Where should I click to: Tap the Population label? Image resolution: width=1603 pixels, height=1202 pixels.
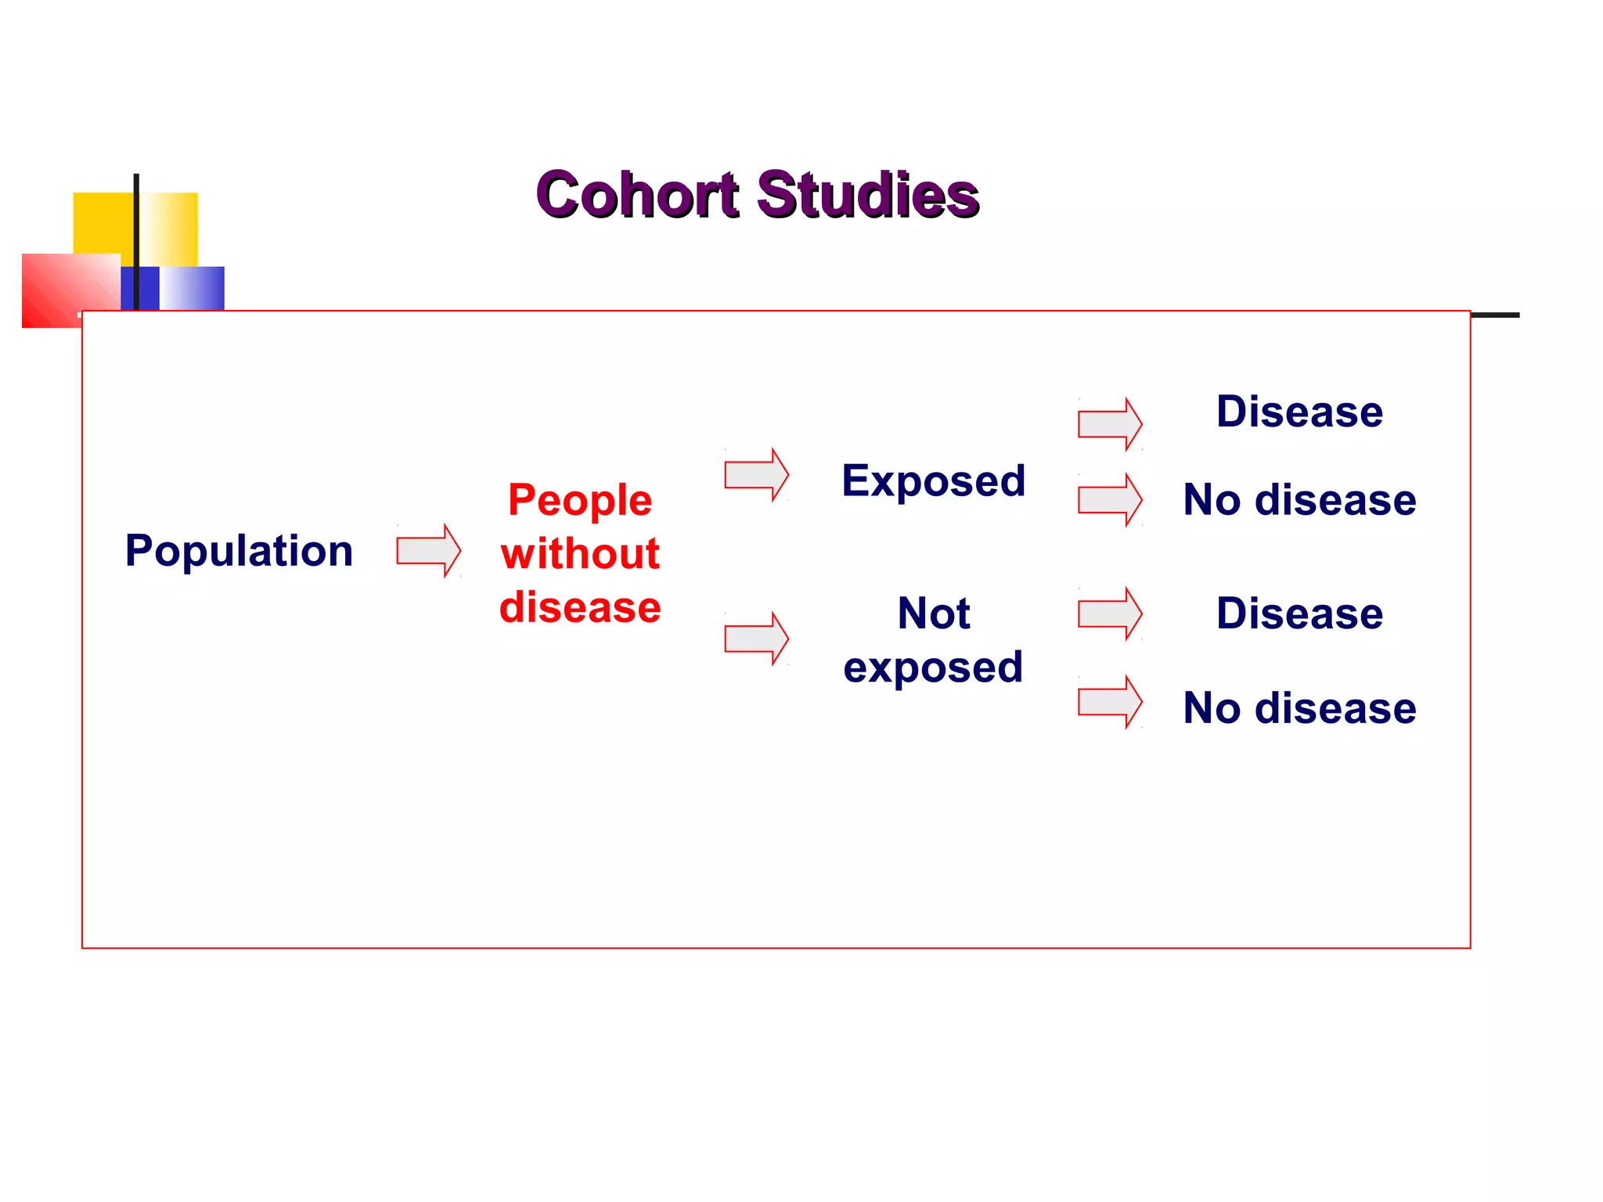(239, 550)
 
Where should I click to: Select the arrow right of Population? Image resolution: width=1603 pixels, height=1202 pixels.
(428, 551)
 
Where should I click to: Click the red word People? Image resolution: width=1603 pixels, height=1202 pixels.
(579, 500)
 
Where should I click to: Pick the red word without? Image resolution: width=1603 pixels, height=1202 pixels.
(580, 553)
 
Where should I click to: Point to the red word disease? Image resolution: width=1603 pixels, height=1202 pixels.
(580, 607)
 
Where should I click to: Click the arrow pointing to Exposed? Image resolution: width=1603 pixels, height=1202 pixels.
(756, 475)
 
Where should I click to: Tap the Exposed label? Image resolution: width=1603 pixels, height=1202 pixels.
(933, 480)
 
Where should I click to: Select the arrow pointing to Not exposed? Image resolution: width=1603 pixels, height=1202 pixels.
(756, 639)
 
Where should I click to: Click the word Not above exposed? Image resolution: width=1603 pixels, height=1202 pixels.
(933, 613)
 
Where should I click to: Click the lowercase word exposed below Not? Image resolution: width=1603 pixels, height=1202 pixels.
(933, 667)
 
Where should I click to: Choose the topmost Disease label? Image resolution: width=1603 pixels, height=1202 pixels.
(1299, 412)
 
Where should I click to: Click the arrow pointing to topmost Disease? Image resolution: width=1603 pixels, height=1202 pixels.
(1109, 424)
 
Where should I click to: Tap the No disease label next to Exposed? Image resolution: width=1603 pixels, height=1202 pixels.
(1299, 500)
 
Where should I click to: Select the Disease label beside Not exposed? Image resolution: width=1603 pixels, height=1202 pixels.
(1299, 614)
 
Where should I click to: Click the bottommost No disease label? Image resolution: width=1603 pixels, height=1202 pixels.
(1299, 708)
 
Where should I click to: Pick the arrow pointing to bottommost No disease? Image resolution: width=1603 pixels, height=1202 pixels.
(1109, 702)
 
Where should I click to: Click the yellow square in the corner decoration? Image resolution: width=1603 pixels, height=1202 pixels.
(102, 223)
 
